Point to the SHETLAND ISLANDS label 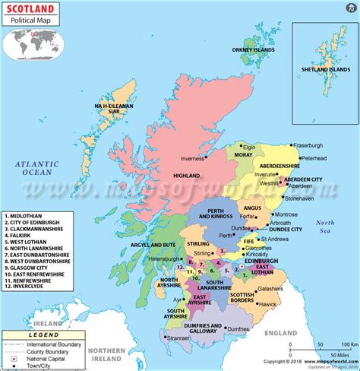click(327, 69)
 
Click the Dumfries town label click(241, 328)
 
